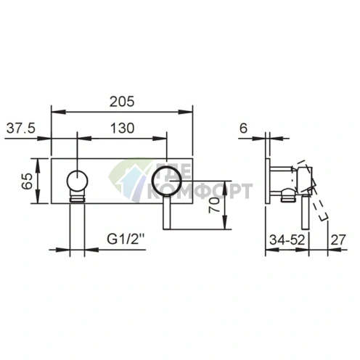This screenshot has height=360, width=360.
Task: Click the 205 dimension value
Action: coord(122,102)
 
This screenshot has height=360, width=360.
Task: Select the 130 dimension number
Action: coord(122,128)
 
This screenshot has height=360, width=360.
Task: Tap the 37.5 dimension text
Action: coord(21,128)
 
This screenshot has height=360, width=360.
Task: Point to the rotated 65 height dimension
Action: coord(27,181)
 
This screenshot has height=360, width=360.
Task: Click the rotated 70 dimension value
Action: coord(214,205)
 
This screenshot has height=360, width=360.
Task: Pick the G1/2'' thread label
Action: coord(126,240)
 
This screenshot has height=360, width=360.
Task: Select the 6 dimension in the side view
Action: coord(244,128)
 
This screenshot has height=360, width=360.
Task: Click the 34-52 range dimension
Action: coord(287,240)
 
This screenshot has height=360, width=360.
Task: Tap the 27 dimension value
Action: coord(338,240)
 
